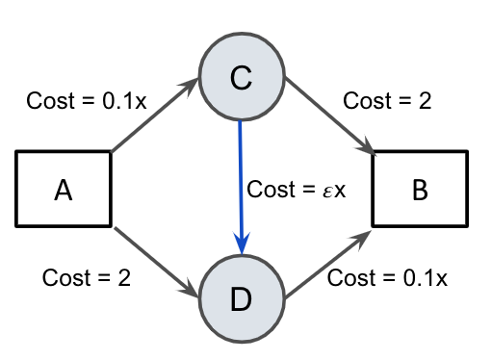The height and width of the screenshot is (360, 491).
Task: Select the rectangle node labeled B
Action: [x=420, y=190]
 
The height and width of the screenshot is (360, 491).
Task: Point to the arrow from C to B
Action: [x=328, y=116]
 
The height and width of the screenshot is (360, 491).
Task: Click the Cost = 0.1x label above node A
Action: [x=86, y=100]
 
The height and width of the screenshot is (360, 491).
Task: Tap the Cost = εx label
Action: [x=297, y=189]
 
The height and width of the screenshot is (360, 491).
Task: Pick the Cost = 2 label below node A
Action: [x=87, y=278]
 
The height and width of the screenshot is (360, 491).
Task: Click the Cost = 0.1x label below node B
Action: [x=388, y=278]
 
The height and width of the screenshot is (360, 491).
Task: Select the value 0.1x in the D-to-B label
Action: [x=425, y=278]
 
